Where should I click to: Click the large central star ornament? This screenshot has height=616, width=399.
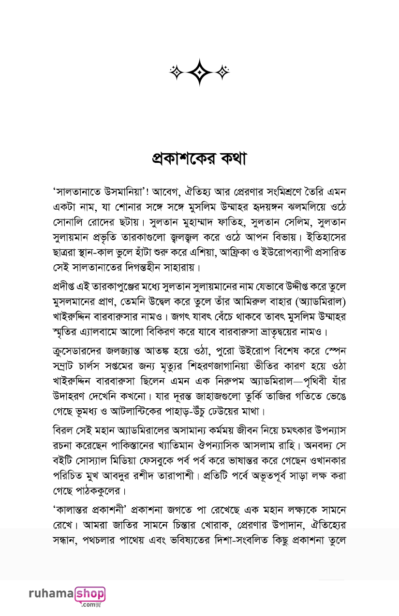(x=199, y=72)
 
